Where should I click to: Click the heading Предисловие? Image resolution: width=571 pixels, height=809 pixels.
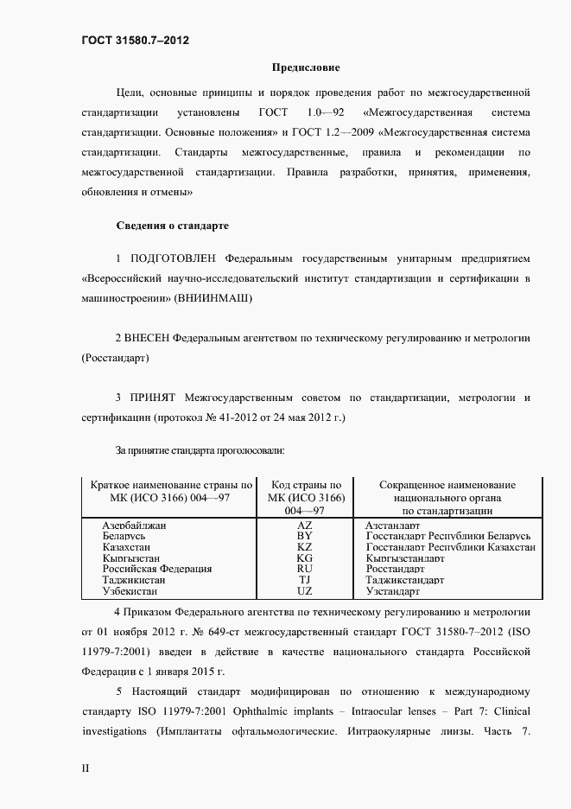(306, 67)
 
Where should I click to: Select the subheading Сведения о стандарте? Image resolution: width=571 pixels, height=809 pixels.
(173, 226)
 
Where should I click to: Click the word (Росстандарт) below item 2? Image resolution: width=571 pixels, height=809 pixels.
(115, 357)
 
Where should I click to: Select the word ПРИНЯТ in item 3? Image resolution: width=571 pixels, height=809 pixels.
(153, 397)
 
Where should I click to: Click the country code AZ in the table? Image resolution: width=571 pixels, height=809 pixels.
(304, 525)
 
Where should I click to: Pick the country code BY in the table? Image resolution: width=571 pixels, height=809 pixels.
(304, 536)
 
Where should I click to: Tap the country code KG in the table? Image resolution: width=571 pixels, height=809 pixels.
(304, 558)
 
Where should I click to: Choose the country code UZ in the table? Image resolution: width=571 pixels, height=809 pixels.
(304, 591)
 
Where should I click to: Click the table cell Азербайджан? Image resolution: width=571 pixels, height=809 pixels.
(134, 525)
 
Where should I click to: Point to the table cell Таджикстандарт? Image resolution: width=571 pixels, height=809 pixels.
(404, 581)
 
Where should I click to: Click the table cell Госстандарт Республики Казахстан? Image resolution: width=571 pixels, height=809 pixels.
(450, 547)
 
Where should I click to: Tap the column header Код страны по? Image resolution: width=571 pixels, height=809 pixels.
(306, 486)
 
